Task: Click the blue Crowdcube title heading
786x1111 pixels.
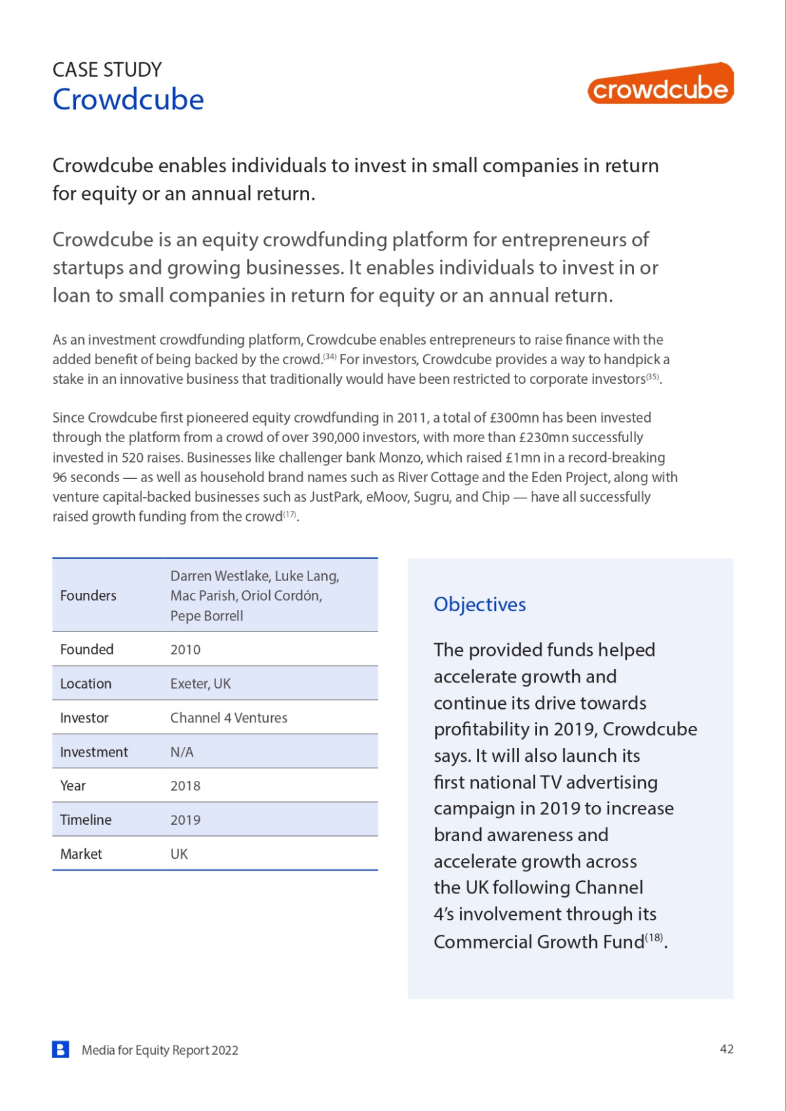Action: [128, 100]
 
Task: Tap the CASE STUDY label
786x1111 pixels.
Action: [107, 69]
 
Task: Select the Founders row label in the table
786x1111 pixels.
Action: [88, 595]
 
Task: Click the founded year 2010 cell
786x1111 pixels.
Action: [185, 650]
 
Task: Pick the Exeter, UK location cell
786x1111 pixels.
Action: [200, 684]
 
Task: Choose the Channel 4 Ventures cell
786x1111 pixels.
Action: [229, 718]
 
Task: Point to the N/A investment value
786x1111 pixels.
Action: [182, 752]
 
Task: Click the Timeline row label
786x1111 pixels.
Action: [86, 820]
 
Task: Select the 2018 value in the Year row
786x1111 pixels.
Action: [185, 786]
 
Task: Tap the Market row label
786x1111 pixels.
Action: [81, 854]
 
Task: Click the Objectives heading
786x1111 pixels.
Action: [479, 605]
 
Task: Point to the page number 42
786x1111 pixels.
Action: [726, 1049]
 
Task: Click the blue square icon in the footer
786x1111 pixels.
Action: [60, 1049]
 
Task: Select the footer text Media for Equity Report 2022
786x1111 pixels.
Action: [160, 1050]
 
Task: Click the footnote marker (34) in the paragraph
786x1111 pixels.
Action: [329, 357]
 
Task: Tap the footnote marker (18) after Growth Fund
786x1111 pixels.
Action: [654, 937]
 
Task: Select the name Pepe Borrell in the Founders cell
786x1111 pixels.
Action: [206, 616]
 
